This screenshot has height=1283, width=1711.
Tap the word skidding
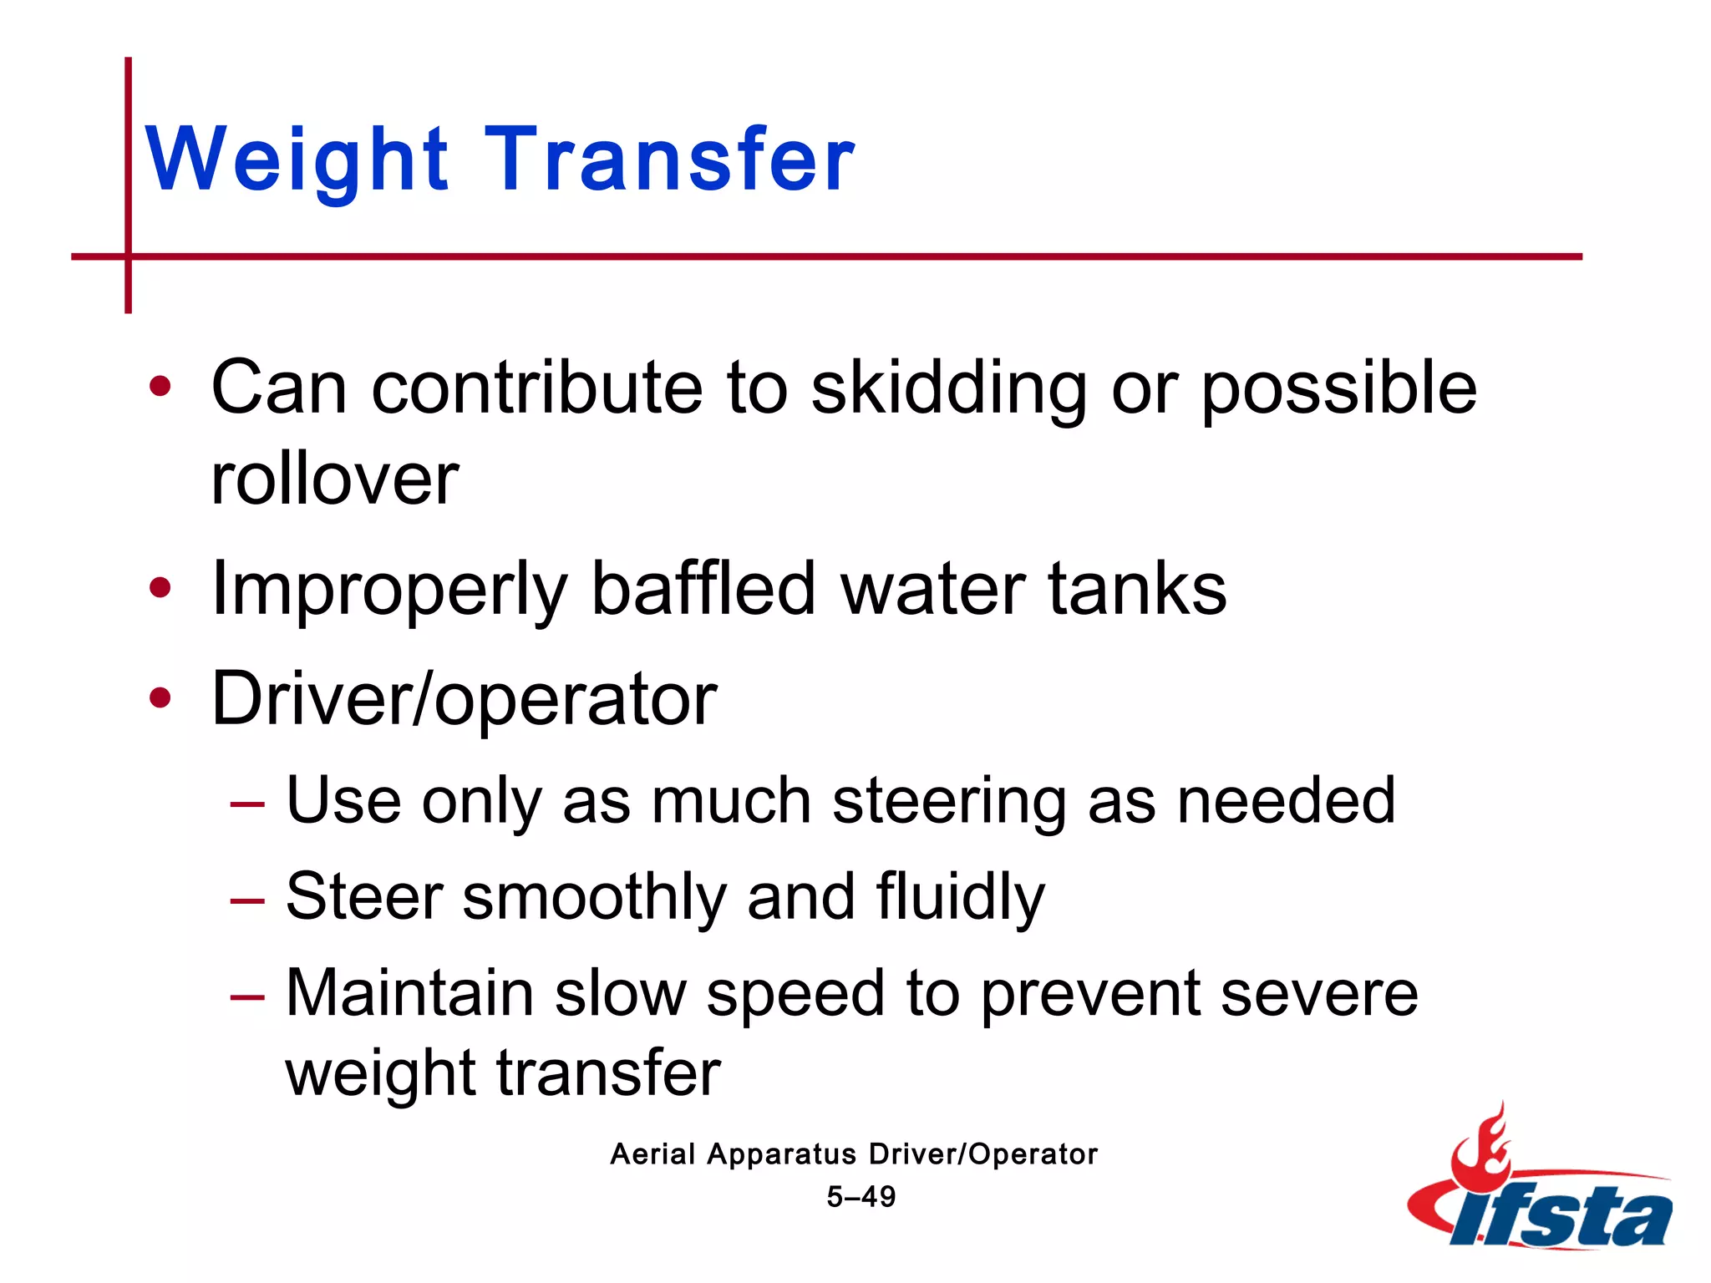[949, 388]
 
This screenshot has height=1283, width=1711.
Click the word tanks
[1137, 589]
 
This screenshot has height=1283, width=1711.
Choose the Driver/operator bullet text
[465, 699]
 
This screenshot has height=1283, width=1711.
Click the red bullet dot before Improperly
[160, 589]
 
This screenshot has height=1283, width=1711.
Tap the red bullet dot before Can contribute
[160, 388]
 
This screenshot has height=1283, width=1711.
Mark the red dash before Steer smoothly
[247, 901]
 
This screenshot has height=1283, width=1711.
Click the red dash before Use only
[247, 805]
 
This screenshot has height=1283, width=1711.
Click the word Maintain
[409, 994]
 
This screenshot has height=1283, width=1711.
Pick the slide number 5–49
[861, 1197]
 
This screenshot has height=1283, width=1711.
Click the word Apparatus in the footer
[781, 1154]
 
